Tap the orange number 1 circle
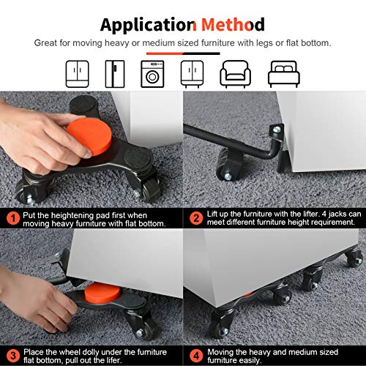(14, 218)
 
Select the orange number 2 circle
(195, 218)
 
